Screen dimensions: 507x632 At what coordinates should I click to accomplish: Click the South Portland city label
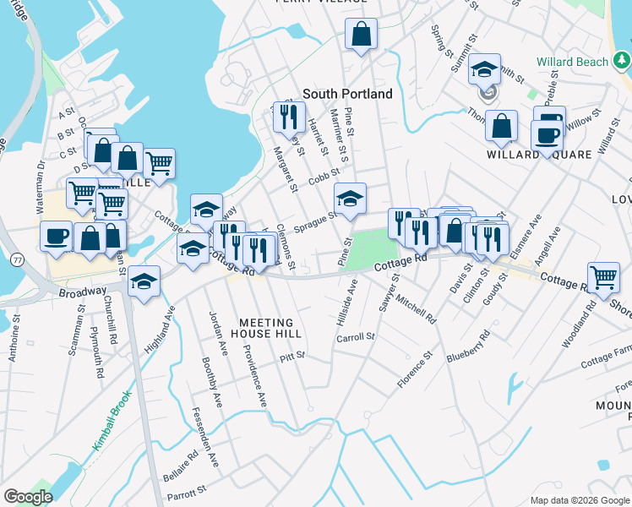[347, 94]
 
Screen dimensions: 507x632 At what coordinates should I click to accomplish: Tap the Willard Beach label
[572, 62]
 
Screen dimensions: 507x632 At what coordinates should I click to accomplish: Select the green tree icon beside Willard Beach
[622, 60]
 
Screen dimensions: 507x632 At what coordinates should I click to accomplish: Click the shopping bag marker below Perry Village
[361, 35]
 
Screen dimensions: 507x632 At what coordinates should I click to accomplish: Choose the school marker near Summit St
[485, 69]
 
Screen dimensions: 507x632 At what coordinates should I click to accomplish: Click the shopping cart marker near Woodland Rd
[603, 276]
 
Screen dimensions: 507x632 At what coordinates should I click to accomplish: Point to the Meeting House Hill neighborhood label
[266, 328]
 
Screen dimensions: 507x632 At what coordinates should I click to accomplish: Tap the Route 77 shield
[18, 261]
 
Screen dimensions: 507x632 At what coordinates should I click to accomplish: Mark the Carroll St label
[356, 336]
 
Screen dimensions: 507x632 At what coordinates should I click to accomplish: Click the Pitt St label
[291, 358]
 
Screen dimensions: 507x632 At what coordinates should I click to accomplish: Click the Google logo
[28, 497]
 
